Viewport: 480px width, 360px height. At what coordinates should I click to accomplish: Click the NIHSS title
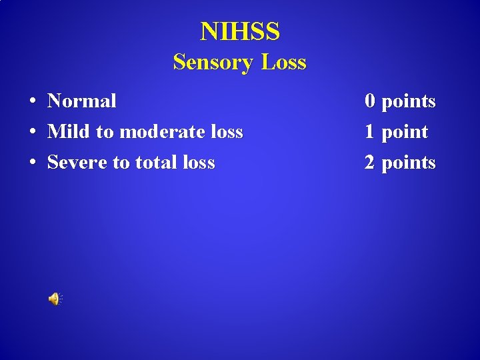tap(240, 31)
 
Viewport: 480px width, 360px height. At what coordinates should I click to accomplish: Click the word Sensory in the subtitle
tap(213, 63)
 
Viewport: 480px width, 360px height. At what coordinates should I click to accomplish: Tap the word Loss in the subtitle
tap(283, 63)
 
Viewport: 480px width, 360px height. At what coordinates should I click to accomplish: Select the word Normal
tap(81, 101)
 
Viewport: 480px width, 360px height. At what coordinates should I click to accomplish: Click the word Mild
tap(69, 132)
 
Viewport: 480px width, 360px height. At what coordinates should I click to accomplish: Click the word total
tap(159, 163)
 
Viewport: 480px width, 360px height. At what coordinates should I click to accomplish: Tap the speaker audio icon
tap(55, 299)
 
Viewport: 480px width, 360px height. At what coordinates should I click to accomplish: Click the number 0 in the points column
tap(369, 101)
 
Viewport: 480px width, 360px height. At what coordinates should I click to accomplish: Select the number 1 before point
tap(369, 132)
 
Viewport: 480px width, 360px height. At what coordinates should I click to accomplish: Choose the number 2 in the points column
tap(369, 163)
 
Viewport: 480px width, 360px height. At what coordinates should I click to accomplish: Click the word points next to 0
tap(408, 102)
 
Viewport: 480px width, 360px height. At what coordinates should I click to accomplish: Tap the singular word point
tap(404, 133)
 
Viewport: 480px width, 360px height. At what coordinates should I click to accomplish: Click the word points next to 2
tap(408, 163)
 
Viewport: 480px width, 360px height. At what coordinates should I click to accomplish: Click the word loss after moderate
tap(225, 132)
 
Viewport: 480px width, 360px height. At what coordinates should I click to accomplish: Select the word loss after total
tap(197, 163)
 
